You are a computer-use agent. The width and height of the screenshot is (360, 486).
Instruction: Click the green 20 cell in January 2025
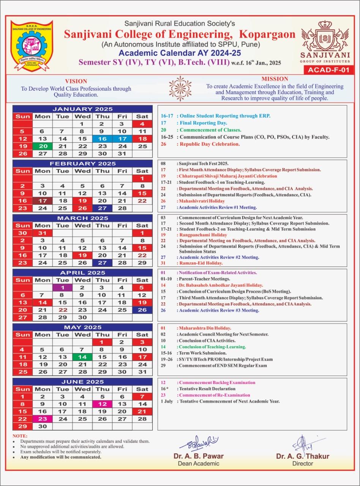point(43,146)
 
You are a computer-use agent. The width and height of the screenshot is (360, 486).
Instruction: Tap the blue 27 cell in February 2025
point(102,208)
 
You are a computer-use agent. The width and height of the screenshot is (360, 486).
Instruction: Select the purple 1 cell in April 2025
point(62,288)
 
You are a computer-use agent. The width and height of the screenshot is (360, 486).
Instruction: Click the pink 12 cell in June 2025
point(102,404)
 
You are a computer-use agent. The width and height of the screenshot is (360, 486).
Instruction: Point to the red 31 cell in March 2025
point(43,233)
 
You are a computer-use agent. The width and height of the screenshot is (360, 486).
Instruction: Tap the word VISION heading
point(76,81)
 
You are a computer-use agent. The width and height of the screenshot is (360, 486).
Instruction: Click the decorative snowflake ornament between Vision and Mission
point(180,88)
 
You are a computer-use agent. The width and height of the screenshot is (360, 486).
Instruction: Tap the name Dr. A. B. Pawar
point(199,456)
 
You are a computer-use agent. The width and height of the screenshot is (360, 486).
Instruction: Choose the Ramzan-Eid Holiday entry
point(201,263)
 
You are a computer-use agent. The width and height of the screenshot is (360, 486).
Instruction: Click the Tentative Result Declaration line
point(207,389)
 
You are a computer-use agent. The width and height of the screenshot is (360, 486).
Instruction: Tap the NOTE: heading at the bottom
point(20,436)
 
